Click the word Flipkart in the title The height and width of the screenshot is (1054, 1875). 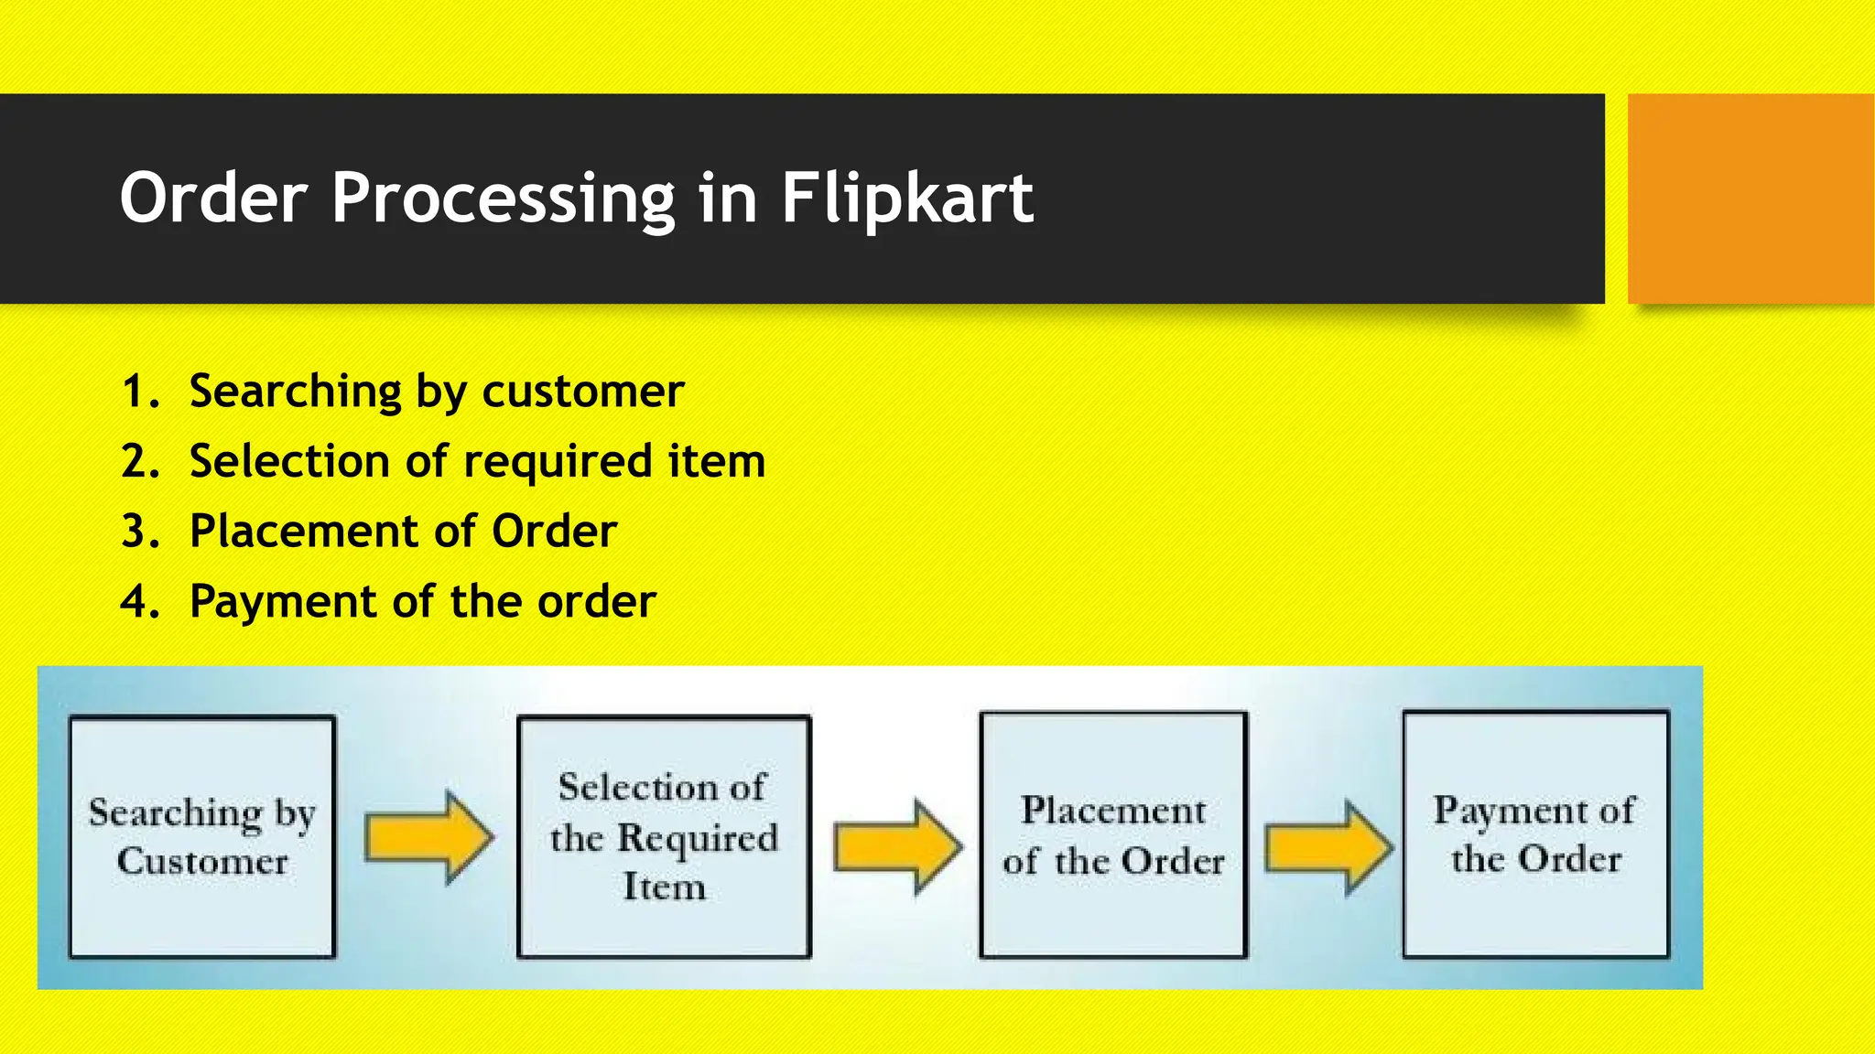click(x=906, y=199)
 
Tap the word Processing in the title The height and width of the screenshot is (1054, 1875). click(x=503, y=199)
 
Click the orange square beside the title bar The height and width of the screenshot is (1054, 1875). click(x=1750, y=199)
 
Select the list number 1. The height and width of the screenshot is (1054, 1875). click(x=138, y=393)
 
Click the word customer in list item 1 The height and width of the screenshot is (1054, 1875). click(x=582, y=393)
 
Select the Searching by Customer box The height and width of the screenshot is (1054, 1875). click(x=202, y=836)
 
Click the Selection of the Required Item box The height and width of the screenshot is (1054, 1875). click(x=664, y=836)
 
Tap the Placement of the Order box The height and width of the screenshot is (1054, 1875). click(x=1113, y=834)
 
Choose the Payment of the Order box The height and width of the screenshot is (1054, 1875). click(x=1535, y=834)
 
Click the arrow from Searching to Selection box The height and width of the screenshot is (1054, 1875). click(x=428, y=837)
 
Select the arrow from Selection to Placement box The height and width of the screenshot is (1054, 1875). click(x=897, y=845)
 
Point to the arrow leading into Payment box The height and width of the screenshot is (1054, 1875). click(x=1328, y=846)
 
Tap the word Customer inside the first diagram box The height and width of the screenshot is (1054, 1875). click(x=202, y=862)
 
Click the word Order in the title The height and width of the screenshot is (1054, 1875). click(x=213, y=199)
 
